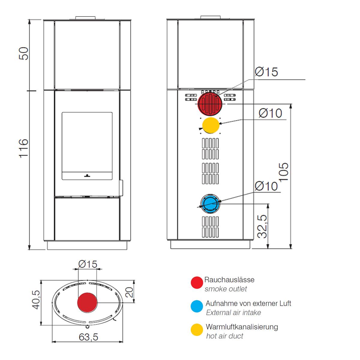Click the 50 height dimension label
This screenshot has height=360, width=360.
tap(24, 53)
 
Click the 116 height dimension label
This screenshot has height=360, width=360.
tap(24, 149)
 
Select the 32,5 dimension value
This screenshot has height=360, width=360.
tap(262, 226)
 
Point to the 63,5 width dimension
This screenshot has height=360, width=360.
tap(88, 337)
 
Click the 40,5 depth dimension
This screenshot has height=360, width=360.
tap(36, 300)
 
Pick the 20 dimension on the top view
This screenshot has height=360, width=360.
tap(129, 292)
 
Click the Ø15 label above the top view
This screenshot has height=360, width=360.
tap(88, 264)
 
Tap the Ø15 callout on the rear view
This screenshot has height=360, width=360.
tap(266, 72)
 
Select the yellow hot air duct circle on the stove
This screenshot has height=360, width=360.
tap(211, 125)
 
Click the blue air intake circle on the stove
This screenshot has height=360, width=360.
tap(210, 204)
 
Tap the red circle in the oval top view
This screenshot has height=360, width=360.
tap(87, 302)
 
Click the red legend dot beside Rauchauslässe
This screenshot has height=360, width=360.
tap(197, 283)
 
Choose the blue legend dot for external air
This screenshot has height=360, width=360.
tap(197, 306)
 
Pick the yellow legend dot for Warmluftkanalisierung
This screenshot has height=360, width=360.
tap(197, 330)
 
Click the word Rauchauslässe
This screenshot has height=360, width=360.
tap(229, 280)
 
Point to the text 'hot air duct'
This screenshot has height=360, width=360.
tap(225, 336)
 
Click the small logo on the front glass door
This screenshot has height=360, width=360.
tap(87, 175)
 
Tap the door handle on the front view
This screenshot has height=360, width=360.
tap(121, 188)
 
